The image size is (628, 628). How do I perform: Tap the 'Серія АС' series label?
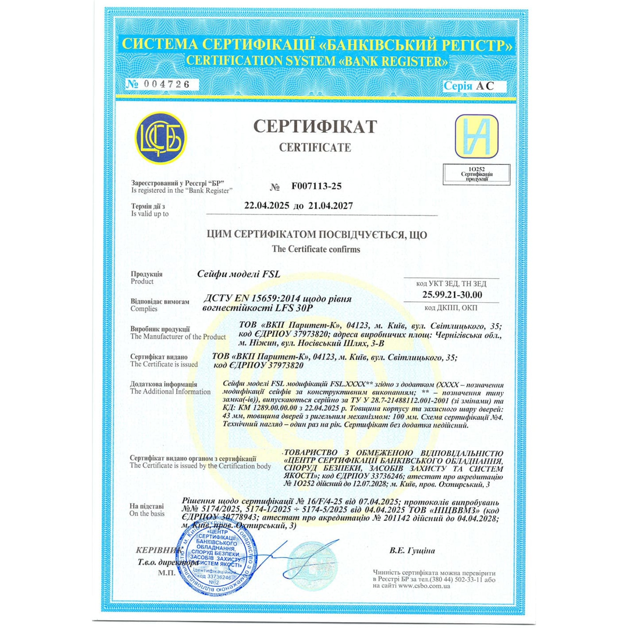point(469,86)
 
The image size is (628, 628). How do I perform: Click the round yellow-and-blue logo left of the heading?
point(161,138)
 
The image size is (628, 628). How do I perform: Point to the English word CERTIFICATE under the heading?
point(315,148)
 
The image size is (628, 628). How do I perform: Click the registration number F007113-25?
point(317,186)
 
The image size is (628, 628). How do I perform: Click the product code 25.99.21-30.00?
point(452,295)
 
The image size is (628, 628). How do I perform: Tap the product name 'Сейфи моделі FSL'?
point(239,274)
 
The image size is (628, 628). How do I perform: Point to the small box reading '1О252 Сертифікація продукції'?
point(477,175)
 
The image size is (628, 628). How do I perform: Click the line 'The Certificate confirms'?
point(316,249)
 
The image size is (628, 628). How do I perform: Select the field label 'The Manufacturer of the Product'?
point(178,337)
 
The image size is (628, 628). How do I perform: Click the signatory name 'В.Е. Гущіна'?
point(412,551)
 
